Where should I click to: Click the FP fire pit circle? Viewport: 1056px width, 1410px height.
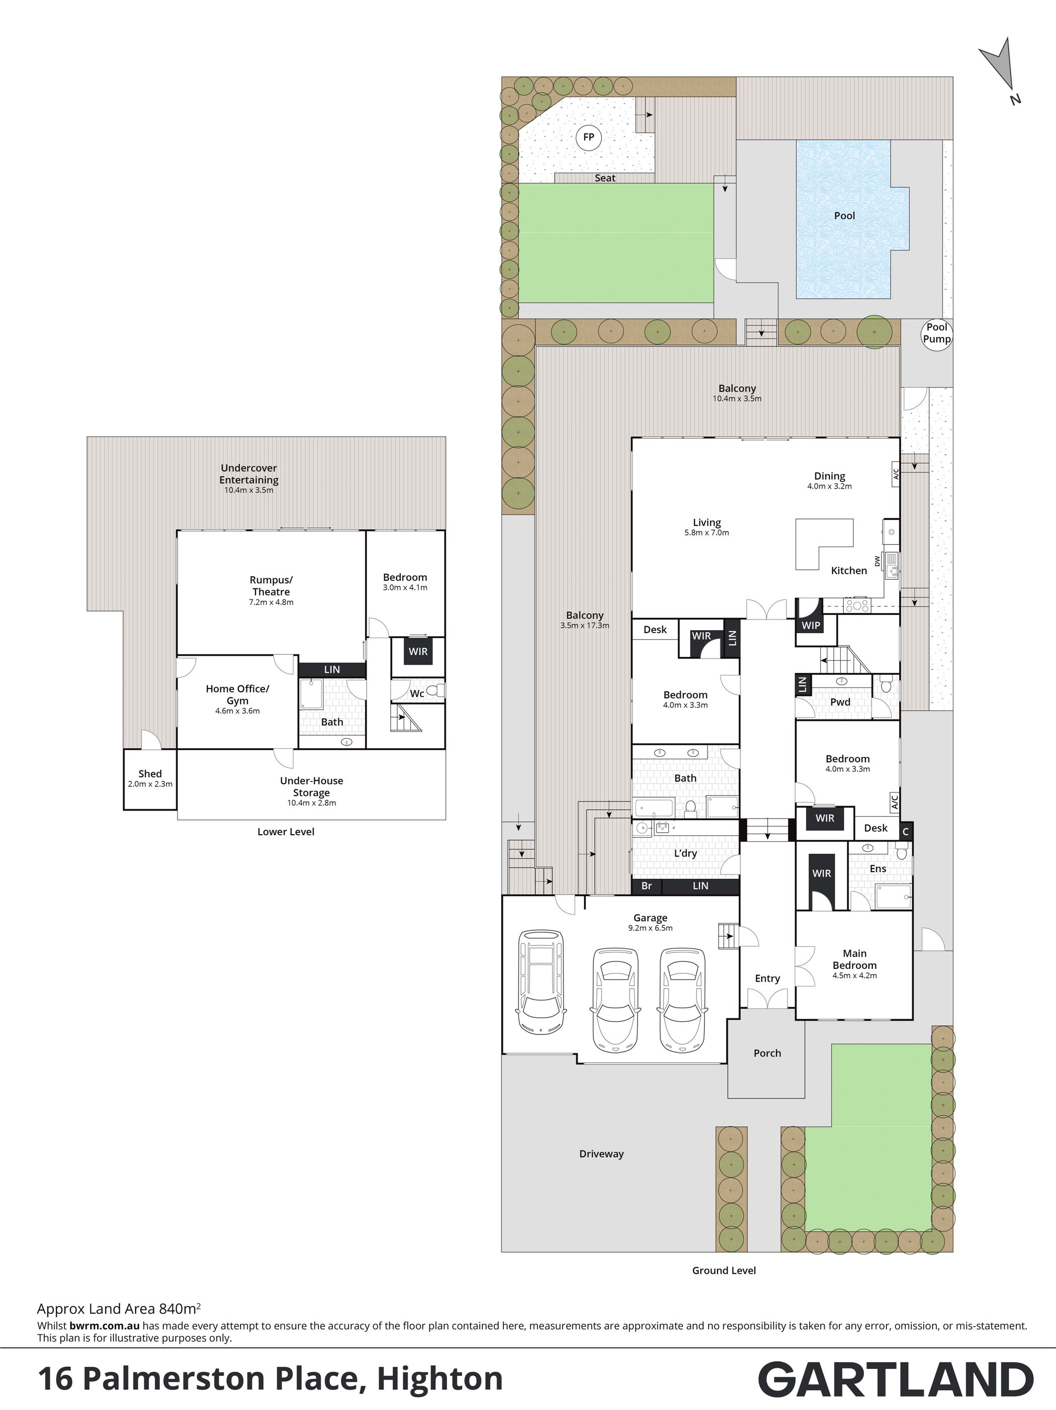(588, 137)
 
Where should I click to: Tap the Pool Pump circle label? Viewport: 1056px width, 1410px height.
(937, 333)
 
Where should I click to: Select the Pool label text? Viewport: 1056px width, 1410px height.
(844, 215)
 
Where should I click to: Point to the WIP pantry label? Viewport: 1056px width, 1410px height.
(811, 626)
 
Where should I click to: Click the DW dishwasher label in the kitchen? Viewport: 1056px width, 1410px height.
(877, 561)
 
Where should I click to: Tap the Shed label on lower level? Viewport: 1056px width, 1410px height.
(150, 774)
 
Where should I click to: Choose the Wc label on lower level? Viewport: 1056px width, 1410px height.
(417, 693)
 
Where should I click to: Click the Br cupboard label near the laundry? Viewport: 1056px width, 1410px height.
(647, 886)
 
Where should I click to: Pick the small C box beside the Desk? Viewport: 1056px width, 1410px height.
(906, 831)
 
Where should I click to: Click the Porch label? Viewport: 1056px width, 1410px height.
(767, 1053)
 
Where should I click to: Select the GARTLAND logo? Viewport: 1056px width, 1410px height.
(896, 1379)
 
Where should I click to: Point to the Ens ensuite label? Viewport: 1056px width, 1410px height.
(877, 868)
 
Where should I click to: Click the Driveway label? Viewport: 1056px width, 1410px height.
(601, 1154)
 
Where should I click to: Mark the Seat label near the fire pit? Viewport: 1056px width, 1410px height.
(605, 178)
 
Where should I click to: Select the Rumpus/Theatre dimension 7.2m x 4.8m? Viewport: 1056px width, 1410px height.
(271, 602)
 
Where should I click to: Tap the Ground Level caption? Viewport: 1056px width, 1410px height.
(724, 1270)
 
